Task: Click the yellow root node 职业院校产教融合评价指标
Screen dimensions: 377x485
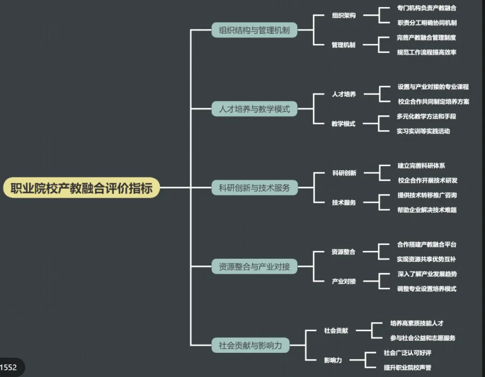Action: [x=82, y=188]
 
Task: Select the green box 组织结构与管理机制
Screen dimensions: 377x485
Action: [x=254, y=30]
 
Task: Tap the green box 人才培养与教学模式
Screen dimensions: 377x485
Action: [x=254, y=109]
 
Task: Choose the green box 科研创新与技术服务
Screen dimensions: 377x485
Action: [x=254, y=188]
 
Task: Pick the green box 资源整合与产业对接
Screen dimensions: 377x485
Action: [x=254, y=267]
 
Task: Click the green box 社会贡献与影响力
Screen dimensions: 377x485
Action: [x=251, y=345]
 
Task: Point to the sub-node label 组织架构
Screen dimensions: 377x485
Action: [x=344, y=15]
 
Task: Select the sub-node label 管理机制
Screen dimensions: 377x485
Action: [x=344, y=45]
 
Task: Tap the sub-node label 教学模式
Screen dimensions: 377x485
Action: [x=344, y=124]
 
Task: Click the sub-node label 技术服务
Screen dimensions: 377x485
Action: [x=344, y=202]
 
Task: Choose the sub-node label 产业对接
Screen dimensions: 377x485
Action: [x=344, y=281]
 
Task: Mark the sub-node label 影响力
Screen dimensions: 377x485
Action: [x=333, y=360]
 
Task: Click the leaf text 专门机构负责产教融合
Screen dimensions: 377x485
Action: [x=427, y=8]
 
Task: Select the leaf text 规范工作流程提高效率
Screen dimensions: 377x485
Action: [x=427, y=52]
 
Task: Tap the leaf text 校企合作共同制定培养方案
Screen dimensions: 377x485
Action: [x=433, y=101]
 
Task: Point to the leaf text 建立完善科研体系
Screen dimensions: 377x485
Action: [x=421, y=166]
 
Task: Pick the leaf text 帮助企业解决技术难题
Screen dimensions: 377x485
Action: [x=427, y=210]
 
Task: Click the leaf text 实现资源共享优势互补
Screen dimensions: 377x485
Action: [x=427, y=259]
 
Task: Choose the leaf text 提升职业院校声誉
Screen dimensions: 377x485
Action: [x=407, y=367]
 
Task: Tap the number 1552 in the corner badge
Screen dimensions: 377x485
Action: [x=9, y=368]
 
